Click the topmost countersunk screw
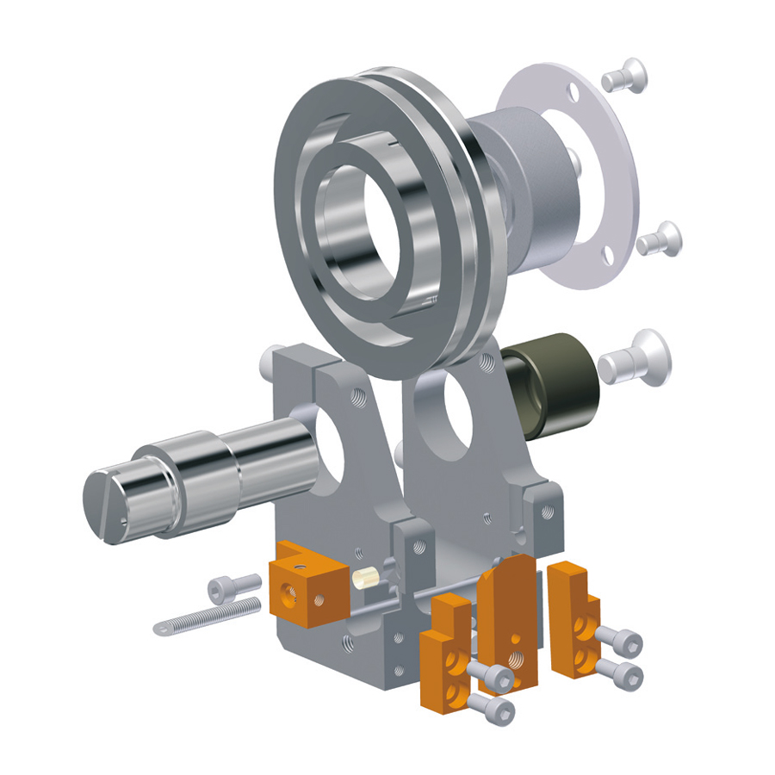pyautogui.click(x=623, y=75)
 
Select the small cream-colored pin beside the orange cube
pyautogui.click(x=365, y=576)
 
